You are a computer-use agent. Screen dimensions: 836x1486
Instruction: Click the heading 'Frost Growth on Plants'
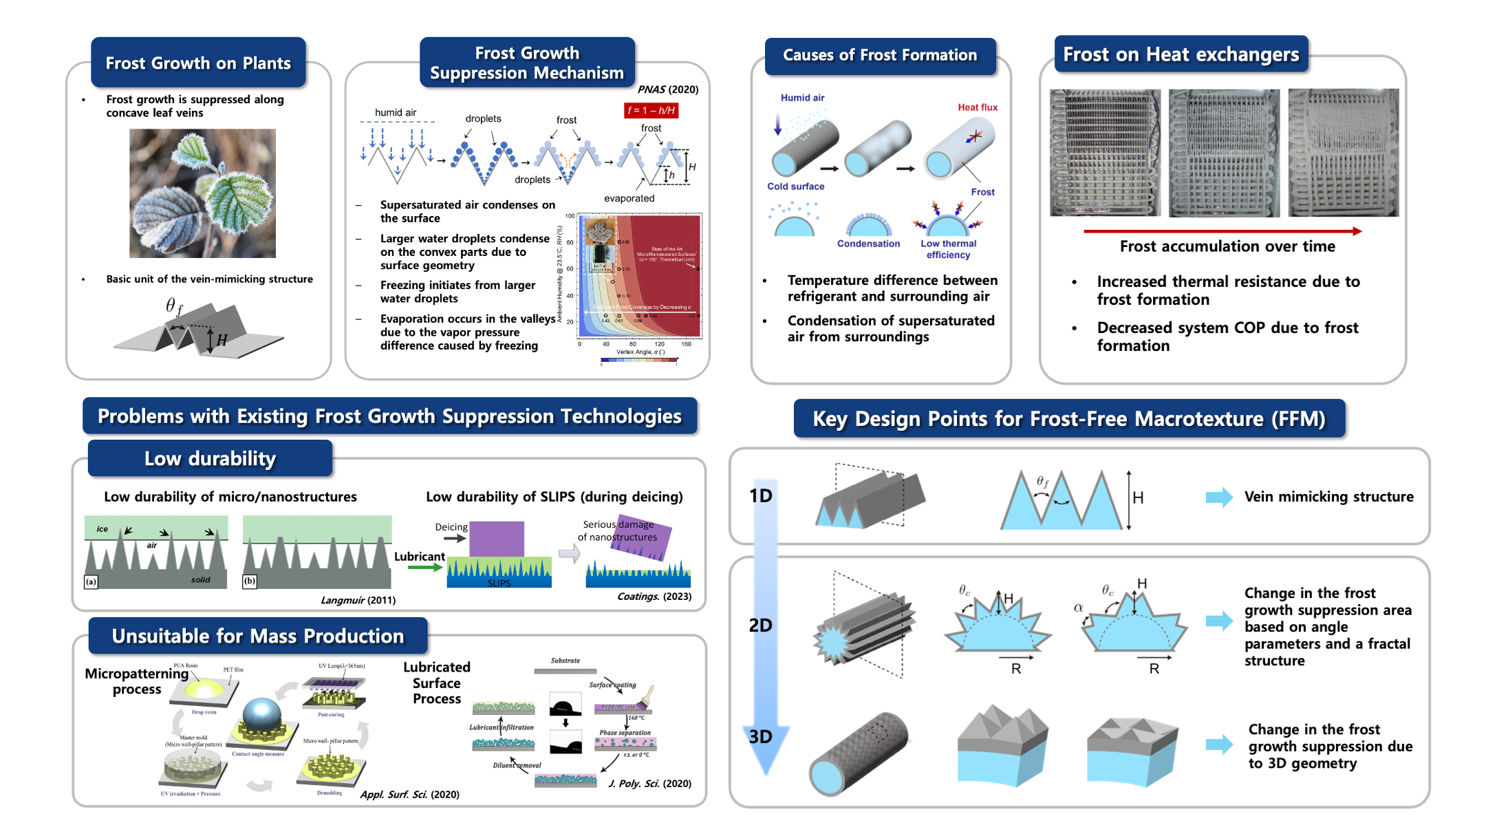198,63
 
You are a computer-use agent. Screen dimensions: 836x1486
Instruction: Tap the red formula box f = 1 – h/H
651,110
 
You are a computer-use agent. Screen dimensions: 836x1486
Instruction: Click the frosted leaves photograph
202,193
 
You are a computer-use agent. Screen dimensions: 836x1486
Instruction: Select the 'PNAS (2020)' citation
667,89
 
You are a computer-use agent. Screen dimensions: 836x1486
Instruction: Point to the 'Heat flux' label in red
977,107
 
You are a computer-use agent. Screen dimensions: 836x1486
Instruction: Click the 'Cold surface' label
795,186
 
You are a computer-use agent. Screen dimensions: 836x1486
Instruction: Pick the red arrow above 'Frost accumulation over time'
1222,231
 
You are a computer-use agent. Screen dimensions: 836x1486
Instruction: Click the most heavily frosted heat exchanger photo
1343,153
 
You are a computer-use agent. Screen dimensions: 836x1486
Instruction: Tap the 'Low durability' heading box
210,458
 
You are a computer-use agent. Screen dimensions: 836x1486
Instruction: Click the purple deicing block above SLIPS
497,539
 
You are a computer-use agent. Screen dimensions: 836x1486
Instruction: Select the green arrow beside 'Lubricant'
425,568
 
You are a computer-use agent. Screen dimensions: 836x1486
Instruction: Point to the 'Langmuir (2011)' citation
358,600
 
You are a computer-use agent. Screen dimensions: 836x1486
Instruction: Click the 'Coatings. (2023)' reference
654,597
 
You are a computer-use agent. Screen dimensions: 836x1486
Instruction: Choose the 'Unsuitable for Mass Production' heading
258,636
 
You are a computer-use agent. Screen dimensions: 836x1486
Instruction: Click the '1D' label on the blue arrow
760,496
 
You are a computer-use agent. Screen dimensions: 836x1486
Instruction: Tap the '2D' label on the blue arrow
760,625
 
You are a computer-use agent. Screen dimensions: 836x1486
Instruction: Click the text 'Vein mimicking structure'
1328,497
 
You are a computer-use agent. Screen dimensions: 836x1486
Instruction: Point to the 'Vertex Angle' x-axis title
640,352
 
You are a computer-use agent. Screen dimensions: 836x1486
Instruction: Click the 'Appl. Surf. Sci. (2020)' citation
409,795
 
